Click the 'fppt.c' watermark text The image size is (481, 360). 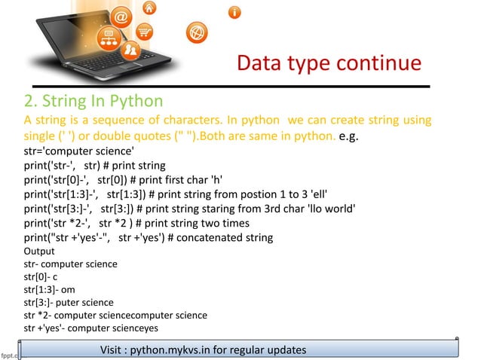click(x=9, y=352)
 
